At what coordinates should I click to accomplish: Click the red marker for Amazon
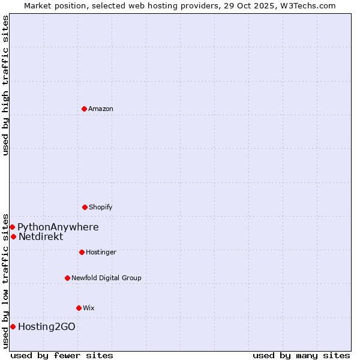click(84, 109)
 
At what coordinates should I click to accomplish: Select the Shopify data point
click(85, 207)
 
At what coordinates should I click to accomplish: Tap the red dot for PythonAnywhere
click(12, 227)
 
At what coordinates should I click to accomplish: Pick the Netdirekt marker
click(13, 236)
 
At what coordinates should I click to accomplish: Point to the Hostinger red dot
click(82, 252)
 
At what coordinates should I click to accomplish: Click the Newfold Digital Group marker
click(67, 278)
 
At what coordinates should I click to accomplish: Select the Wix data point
click(79, 308)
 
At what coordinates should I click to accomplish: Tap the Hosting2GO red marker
click(13, 326)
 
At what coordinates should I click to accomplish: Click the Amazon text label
click(101, 109)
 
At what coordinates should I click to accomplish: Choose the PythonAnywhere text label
click(58, 227)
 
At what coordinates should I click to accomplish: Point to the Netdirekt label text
click(41, 236)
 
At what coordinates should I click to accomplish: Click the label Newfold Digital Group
click(106, 278)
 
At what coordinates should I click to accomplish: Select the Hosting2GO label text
click(47, 326)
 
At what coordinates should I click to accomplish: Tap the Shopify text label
click(101, 207)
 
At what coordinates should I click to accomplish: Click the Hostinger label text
click(101, 252)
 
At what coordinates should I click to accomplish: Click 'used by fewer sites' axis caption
click(62, 355)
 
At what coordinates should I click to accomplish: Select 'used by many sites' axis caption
click(301, 355)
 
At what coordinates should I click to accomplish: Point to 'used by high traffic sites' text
click(5, 85)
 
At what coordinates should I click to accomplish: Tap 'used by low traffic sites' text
click(5, 280)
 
